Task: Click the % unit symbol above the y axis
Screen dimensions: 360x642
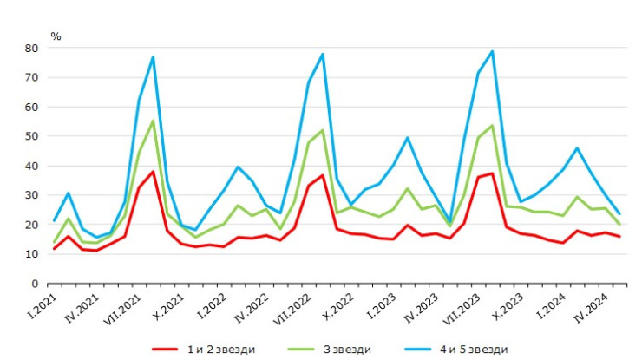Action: point(56,36)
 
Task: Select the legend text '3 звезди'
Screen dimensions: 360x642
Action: point(346,349)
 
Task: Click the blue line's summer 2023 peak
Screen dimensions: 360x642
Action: point(492,51)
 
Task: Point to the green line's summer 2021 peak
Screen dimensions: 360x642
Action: point(153,121)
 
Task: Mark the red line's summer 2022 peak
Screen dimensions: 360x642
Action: point(323,175)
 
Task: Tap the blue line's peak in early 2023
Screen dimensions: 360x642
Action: point(407,137)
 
